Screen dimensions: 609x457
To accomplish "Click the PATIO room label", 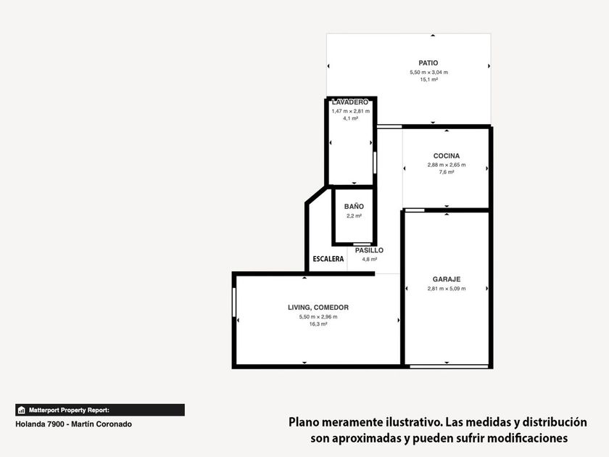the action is [x=428, y=63].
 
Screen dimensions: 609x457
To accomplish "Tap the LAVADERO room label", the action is [x=350, y=102].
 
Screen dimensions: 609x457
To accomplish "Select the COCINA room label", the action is [x=447, y=156].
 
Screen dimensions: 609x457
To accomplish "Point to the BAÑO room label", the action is [x=354, y=206].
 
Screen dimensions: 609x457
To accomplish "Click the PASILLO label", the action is [x=369, y=250].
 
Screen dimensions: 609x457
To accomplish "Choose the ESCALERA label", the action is [x=328, y=259].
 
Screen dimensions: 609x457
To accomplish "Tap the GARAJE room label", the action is [x=447, y=279].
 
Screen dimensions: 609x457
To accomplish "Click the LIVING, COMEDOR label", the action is [x=318, y=308].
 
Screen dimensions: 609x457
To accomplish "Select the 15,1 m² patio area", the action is [x=428, y=80].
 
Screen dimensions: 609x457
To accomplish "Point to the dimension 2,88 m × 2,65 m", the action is [x=447, y=165].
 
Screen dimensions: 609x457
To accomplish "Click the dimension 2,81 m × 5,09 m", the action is [x=447, y=289].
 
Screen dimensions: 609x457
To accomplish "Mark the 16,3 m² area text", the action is [x=318, y=324].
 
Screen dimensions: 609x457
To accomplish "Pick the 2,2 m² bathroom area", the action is [x=354, y=216].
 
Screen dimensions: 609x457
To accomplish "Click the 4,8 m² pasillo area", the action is [x=369, y=259].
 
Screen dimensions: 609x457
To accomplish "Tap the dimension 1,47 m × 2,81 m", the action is [x=351, y=111].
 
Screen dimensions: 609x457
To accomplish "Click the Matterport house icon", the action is [x=22, y=410].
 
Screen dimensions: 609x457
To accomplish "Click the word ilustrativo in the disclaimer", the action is [x=410, y=422].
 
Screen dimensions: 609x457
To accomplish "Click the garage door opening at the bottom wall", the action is [x=449, y=366].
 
